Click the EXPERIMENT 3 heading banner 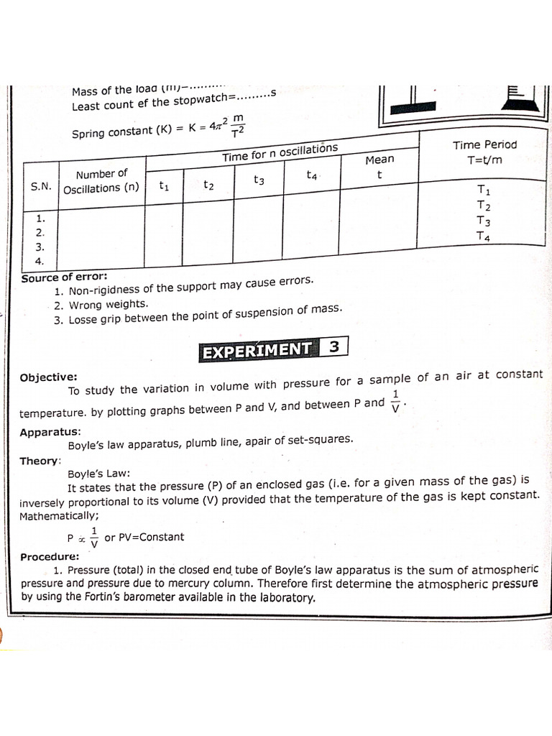point(274,349)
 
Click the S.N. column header point(41,186)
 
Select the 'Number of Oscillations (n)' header point(101,181)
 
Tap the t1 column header point(164,186)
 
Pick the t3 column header point(259,181)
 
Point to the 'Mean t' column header point(379,167)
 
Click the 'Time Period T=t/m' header point(484,152)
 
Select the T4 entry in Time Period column point(483,236)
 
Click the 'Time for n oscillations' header point(280,152)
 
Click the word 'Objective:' point(49,377)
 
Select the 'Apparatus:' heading point(50,432)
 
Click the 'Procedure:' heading point(50,556)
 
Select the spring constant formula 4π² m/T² point(216,126)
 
